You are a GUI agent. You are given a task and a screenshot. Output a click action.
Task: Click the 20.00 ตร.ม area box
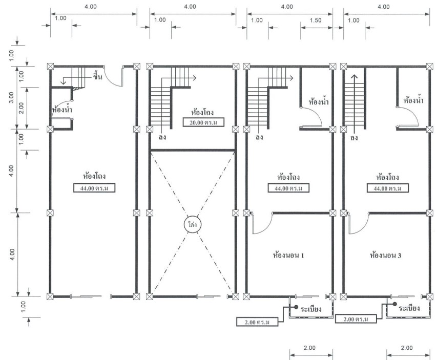203,122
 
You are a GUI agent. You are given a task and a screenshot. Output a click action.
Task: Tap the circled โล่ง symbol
192,224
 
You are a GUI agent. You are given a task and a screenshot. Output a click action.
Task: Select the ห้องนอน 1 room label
288,255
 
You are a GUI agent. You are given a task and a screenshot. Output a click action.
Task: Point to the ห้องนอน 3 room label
385,255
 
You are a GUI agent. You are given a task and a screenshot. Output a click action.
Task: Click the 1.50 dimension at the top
316,20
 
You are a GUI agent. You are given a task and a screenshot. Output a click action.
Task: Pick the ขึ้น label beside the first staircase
97,76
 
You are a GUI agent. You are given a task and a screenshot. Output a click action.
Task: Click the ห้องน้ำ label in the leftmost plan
62,109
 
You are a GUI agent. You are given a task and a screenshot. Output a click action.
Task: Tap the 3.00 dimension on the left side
11,97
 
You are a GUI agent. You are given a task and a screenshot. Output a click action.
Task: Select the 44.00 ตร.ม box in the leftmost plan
94,188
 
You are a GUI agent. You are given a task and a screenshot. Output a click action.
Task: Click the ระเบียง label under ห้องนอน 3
409,308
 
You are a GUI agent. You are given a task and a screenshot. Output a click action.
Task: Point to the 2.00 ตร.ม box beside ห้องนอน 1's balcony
257,322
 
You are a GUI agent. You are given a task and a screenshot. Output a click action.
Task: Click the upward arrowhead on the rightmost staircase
354,77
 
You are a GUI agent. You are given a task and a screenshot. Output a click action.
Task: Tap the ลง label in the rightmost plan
354,138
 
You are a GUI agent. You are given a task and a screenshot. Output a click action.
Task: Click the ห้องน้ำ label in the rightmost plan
413,100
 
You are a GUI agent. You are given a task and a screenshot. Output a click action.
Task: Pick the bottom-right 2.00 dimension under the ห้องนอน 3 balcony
406,348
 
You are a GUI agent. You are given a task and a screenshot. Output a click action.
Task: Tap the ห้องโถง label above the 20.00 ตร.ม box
202,112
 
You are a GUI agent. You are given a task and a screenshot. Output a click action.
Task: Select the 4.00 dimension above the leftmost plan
91,7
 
